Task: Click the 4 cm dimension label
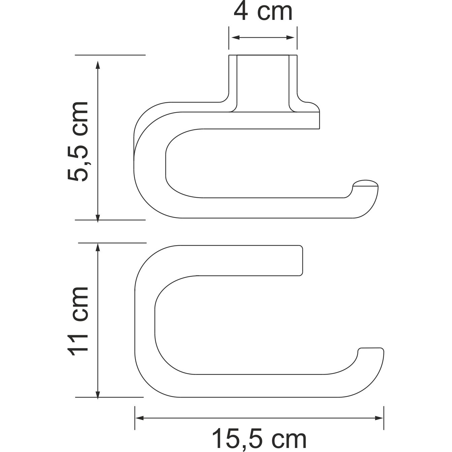click(263, 12)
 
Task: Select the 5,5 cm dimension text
click(78, 141)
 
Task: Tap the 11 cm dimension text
click(78, 322)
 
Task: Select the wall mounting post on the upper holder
click(263, 83)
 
